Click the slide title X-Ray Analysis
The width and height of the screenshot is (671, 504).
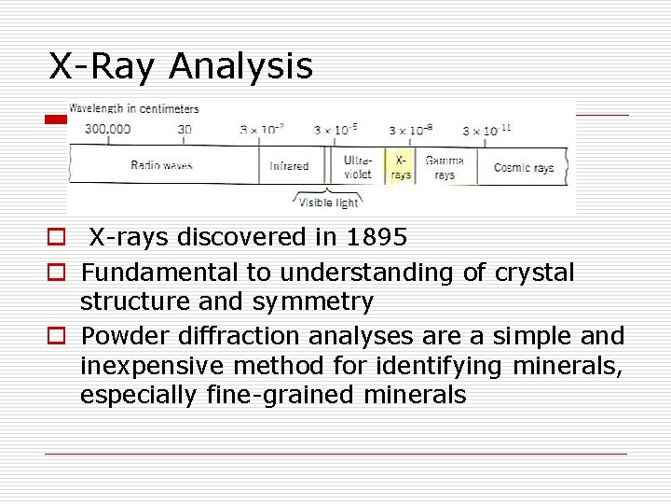point(181,66)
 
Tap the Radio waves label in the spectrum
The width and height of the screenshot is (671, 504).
point(162,165)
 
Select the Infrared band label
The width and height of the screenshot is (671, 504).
point(289,166)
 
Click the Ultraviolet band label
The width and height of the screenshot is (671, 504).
point(358,167)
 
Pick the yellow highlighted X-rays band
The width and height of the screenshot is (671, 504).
point(401,167)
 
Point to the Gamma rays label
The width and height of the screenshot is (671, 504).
point(445,167)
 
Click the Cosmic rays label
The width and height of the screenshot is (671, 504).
point(523,167)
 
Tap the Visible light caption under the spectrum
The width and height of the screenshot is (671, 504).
point(328,203)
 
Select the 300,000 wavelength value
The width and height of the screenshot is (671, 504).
point(107,130)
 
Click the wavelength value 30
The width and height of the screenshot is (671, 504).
point(185,130)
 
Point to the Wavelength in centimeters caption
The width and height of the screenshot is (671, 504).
point(133,108)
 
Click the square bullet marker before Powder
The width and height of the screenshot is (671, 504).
point(57,336)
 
